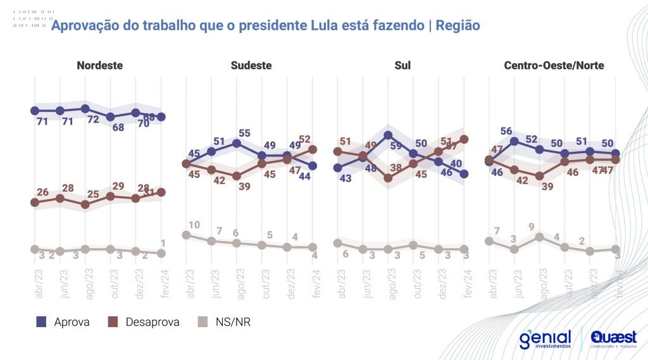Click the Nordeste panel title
[x=99, y=65]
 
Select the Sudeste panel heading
[x=251, y=65]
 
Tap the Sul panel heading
[x=402, y=65]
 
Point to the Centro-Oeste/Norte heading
[x=554, y=65]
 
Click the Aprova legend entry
[x=63, y=322]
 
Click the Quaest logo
[x=613, y=339]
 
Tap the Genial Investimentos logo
[x=545, y=339]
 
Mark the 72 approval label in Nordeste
[x=93, y=120]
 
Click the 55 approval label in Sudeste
[x=245, y=133]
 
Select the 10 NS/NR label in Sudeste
[x=195, y=225]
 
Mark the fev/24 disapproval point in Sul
[x=464, y=139]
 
